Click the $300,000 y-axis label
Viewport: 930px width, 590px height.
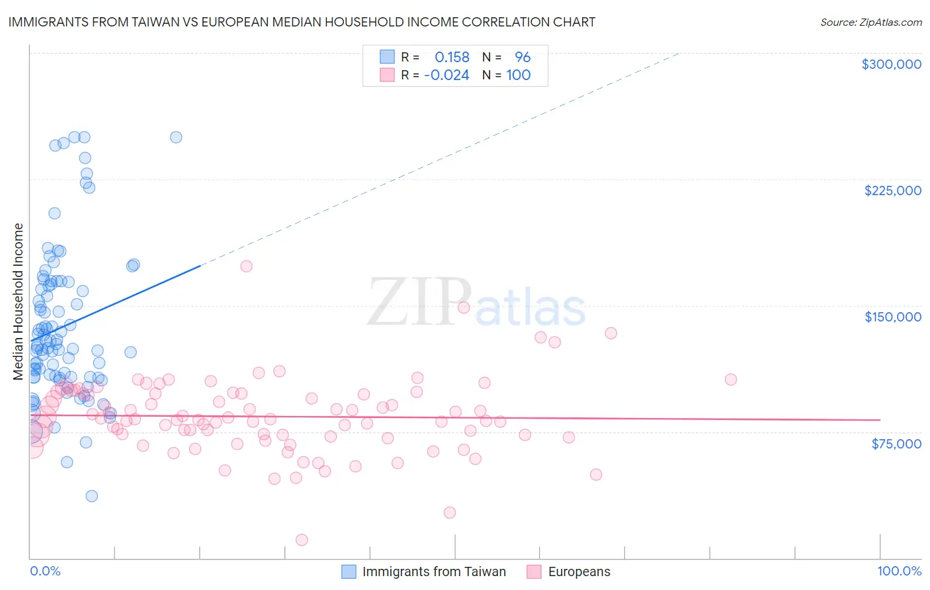(891, 64)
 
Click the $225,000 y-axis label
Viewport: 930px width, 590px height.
(892, 190)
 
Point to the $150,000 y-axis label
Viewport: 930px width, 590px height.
(892, 317)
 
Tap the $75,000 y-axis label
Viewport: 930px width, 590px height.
(896, 444)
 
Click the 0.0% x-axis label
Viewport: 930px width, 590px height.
(45, 571)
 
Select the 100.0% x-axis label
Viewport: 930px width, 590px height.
(899, 571)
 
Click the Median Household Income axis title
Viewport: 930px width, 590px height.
(18, 302)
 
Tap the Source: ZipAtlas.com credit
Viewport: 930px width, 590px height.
(870, 22)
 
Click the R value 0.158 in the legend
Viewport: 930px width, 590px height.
(452, 58)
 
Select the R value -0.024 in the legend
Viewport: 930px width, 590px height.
(446, 75)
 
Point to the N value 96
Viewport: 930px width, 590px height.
(523, 58)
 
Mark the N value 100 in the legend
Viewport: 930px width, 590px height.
(519, 75)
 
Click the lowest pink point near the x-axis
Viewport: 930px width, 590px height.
(302, 540)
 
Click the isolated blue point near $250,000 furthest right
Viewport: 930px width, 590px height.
(176, 138)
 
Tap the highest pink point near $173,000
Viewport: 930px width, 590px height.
(246, 266)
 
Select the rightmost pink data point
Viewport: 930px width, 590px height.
(730, 379)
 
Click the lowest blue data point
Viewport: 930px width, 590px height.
(92, 496)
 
